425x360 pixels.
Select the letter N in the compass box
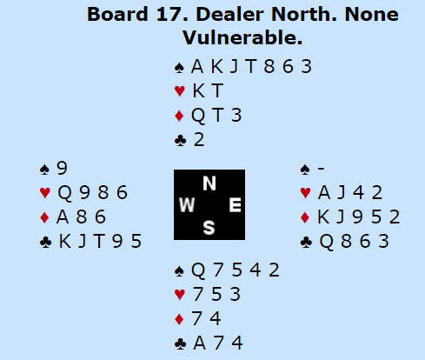(x=209, y=183)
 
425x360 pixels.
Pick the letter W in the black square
(x=187, y=205)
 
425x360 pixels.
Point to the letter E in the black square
(x=235, y=205)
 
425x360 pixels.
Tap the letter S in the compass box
(x=209, y=228)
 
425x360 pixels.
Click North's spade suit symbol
(x=179, y=68)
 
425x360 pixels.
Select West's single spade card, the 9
(x=62, y=168)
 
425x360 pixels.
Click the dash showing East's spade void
(x=321, y=168)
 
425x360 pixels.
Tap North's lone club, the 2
(x=199, y=140)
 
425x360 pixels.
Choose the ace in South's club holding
(x=200, y=343)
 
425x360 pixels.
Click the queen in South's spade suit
(x=198, y=270)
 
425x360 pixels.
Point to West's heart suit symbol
(x=45, y=193)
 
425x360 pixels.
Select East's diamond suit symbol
(x=305, y=217)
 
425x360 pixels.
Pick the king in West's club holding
(x=65, y=241)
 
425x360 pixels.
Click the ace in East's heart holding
(x=324, y=193)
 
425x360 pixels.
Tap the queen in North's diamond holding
(x=198, y=116)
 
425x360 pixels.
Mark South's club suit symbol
(x=180, y=344)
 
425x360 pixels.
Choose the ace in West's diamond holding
(x=63, y=217)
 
